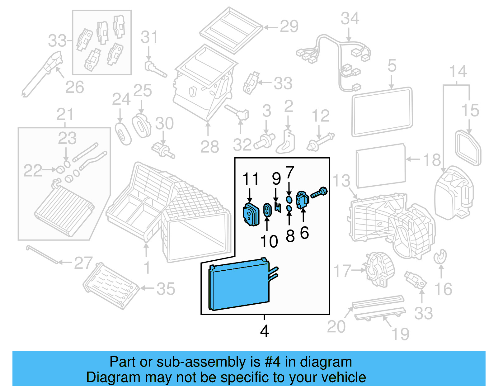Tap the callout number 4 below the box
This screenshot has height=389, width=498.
click(264, 331)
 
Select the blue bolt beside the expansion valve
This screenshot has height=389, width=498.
click(319, 192)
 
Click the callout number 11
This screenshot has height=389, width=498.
click(251, 179)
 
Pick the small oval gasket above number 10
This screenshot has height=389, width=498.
click(267, 210)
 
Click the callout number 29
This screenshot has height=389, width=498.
click(289, 26)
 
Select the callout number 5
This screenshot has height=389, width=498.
click(392, 66)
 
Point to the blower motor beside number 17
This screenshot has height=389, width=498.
click(379, 269)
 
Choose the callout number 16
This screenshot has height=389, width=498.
click(443, 289)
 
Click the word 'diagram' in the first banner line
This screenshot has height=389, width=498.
click(326, 362)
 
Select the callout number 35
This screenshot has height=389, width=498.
click(166, 289)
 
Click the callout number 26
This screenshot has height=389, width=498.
click(75, 87)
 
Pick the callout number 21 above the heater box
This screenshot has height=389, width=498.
click(65, 115)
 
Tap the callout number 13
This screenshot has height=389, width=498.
click(341, 181)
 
